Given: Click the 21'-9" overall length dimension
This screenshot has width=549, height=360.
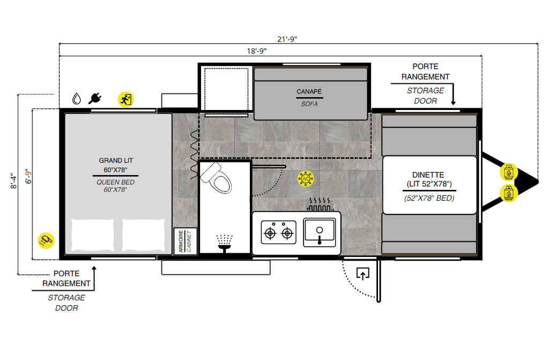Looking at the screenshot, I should pos(287,39).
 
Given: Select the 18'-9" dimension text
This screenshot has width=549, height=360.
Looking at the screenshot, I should pos(257,50).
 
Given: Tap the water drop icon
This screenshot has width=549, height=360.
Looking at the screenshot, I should pos(77,99).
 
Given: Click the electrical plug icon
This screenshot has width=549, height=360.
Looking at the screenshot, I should pos(95,98).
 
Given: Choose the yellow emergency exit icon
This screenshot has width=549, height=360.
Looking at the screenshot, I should pos(126,99).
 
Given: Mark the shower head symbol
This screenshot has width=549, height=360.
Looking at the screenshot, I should pos(225,241).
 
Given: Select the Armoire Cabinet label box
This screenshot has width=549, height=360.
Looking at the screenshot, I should pos(185,241).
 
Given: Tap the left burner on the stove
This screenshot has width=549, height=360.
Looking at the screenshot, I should pos(270,233).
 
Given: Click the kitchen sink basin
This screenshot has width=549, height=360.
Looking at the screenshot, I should pos(319,232).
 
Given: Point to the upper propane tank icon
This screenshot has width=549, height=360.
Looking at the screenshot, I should pos(508,172).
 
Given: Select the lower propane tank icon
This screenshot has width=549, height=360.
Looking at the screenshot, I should pos(508,192).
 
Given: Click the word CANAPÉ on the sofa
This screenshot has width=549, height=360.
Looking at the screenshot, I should pos(309,92).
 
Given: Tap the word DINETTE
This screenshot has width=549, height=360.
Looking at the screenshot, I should pos(428,175).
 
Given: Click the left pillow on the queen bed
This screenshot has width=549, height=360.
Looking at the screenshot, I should pos(93,235).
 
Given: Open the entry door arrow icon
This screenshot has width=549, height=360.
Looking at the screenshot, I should pos(363,275).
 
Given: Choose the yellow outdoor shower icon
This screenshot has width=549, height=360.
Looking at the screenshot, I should pos(46,240).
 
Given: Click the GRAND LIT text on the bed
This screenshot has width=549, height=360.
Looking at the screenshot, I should pos(116,160).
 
